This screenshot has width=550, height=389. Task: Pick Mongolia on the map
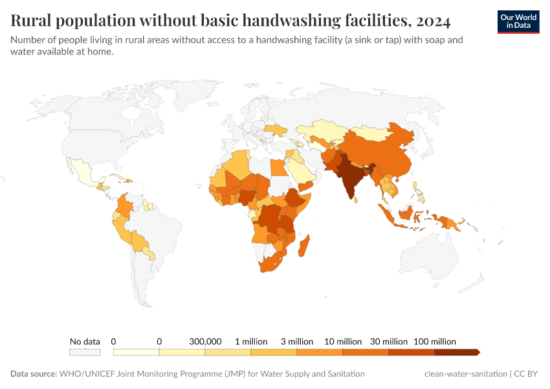[375, 133]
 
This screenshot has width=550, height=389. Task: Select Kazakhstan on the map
[324, 130]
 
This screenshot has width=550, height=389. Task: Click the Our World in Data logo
[518, 21]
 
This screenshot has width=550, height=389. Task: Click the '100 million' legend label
[434, 341]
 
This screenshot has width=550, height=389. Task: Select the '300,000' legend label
[205, 341]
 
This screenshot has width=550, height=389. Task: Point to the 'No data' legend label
[85, 341]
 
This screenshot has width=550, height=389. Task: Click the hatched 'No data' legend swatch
[85, 352]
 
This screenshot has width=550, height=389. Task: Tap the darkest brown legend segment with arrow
[456, 352]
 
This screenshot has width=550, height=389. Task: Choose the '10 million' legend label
[343, 341]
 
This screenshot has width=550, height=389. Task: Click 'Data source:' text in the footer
[34, 374]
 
